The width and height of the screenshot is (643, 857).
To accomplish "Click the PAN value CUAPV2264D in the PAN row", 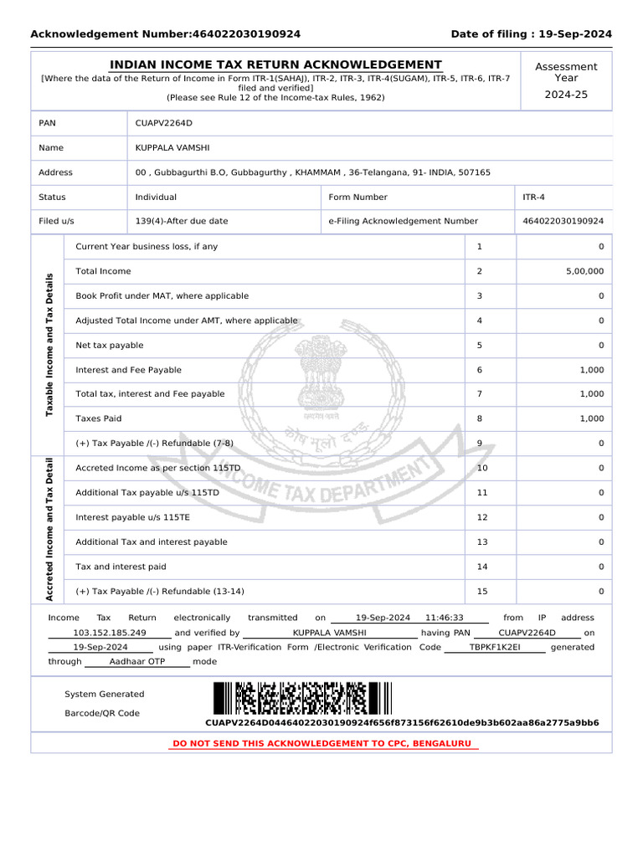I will tap(163, 123).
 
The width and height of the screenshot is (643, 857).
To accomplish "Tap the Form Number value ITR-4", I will tap(534, 198).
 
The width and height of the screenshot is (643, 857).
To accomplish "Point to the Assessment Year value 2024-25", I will tap(566, 95).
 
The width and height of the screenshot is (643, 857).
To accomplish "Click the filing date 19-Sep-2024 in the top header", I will tap(577, 34).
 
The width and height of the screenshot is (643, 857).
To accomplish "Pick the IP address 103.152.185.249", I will tap(110, 633).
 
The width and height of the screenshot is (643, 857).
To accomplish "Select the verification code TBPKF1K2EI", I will tap(495, 647).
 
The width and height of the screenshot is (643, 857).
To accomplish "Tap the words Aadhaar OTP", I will tap(137, 661).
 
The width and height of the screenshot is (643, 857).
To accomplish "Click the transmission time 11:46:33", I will tap(444, 618).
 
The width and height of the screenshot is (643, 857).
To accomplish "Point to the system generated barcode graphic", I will tap(301, 698).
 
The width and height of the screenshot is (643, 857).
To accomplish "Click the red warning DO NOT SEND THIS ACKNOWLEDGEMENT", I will tap(321, 743).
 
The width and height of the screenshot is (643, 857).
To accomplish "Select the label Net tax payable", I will tap(109, 345).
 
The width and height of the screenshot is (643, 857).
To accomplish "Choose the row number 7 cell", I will tap(480, 393).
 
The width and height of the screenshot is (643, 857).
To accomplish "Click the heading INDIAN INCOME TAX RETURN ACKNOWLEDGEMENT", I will tap(276, 64).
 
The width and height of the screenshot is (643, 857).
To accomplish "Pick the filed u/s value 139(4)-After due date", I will tap(181, 221).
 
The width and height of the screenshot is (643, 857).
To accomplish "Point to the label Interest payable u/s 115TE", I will tap(132, 517).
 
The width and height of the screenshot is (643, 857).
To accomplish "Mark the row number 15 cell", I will tap(481, 592).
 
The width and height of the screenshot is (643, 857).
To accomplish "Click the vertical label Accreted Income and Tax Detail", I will tap(49, 529).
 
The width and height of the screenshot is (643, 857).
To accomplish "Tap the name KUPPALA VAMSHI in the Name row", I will tap(167, 147).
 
